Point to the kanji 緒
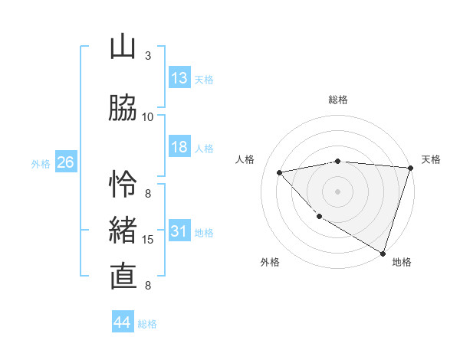123,231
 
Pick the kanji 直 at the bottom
123,277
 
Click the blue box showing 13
179,78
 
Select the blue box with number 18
179,148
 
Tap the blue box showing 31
179,232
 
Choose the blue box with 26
65,162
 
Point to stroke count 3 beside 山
148,56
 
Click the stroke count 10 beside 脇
148,117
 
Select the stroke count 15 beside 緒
148,240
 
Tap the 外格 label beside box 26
41,163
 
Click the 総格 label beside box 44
147,324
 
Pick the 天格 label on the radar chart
431,159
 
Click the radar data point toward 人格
280,172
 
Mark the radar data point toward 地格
383,252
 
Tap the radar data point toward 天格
410,168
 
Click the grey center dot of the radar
337,191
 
